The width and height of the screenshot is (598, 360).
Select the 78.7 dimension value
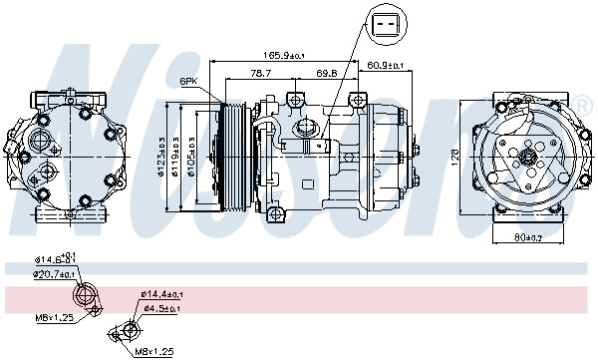(x=261, y=73)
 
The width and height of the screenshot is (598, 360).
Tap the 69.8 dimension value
(x=326, y=73)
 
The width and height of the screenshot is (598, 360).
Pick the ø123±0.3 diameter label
(x=161, y=158)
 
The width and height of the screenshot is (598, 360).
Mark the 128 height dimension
(x=452, y=158)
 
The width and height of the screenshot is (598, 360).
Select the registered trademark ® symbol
(x=583, y=105)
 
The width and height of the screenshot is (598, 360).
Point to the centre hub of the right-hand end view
(x=526, y=157)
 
